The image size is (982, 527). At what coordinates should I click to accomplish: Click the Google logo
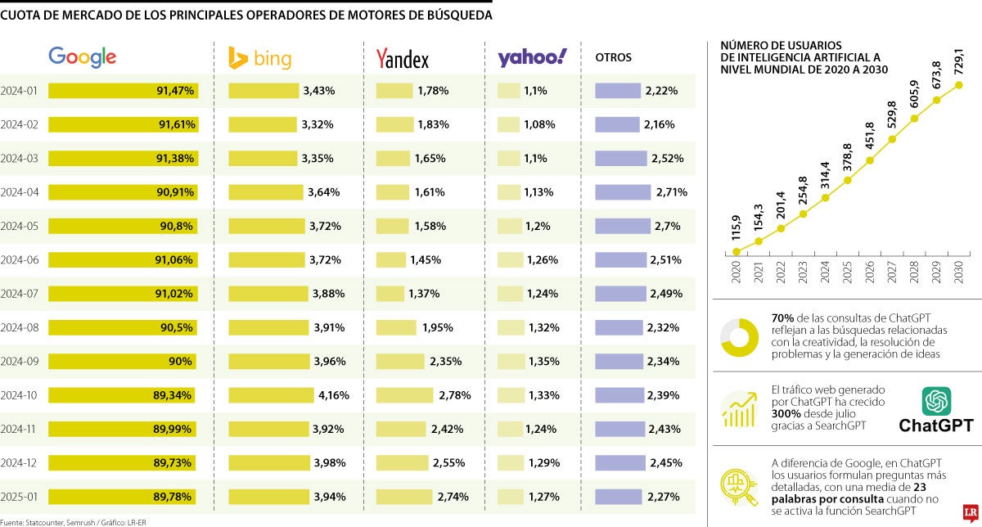point(82,56)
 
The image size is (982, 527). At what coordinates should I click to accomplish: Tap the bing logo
point(259,58)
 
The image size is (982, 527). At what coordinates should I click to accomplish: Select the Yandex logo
point(402,58)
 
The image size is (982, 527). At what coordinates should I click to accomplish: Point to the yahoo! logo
point(532,57)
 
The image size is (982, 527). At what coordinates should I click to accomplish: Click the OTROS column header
point(613,58)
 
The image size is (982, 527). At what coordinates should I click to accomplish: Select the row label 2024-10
point(19,395)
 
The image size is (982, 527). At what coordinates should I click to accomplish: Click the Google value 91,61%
point(175,125)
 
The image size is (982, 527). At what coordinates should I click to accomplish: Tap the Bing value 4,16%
point(333,395)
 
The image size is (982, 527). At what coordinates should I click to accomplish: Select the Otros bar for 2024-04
point(623,192)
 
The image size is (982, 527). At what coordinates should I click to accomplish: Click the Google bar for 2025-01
point(123,496)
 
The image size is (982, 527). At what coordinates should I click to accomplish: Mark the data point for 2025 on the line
point(848,180)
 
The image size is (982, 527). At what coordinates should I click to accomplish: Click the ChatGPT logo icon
point(935,401)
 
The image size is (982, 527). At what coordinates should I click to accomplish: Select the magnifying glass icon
point(739,486)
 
